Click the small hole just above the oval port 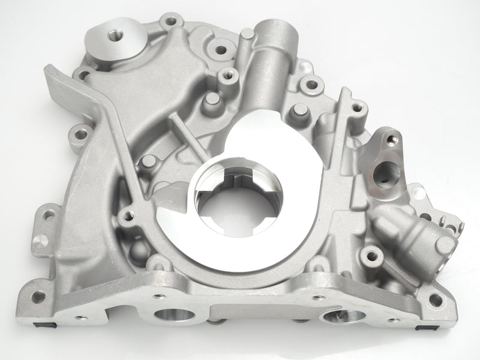pos(392,140)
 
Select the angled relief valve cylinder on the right pos(414,234)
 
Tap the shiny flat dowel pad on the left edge pos(41,241)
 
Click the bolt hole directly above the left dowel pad pos(49,213)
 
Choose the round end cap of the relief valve pos(445,245)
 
